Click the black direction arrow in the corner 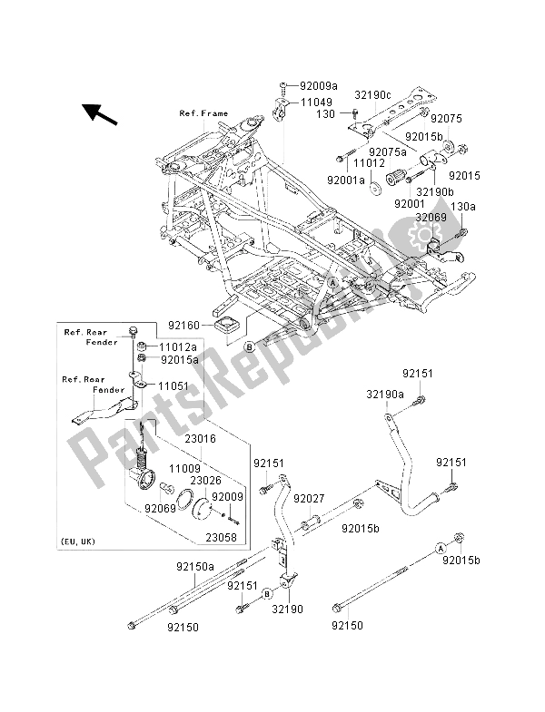pyautogui.click(x=102, y=114)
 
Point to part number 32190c pyautogui.click(x=372, y=94)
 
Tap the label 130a pyautogui.click(x=463, y=208)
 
